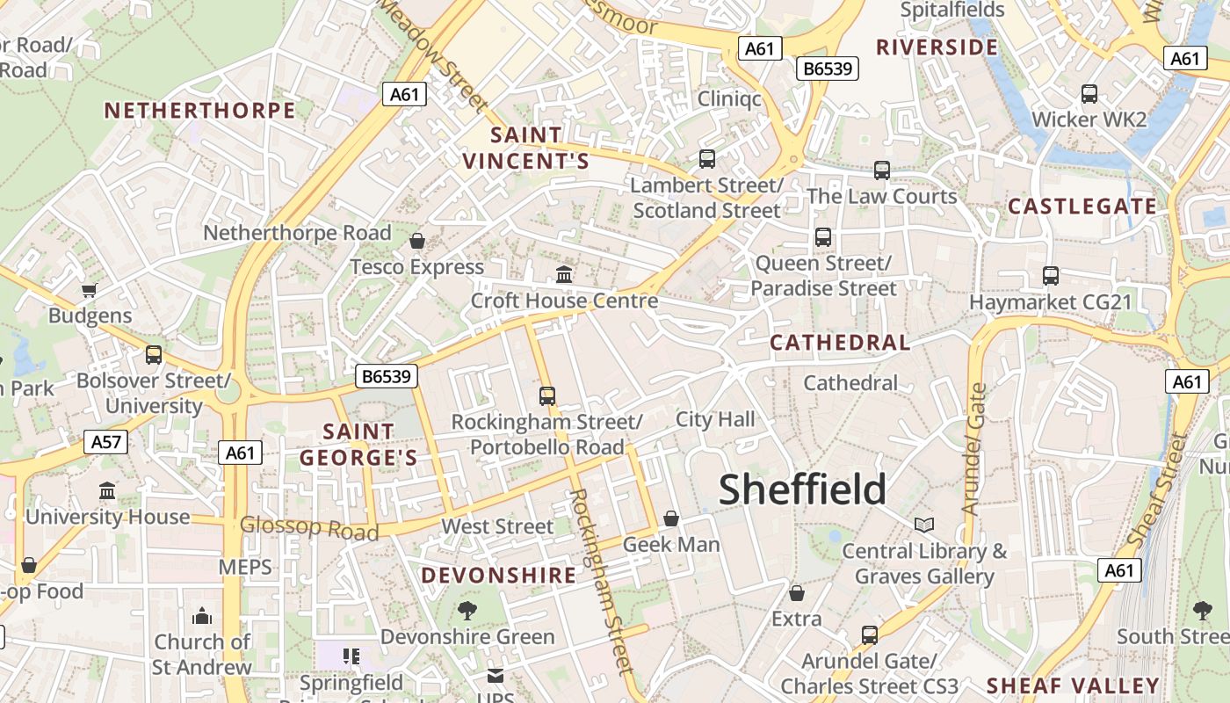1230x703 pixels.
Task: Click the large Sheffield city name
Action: (x=802, y=489)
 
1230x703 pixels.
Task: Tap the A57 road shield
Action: (x=106, y=442)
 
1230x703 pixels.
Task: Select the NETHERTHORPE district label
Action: (x=199, y=111)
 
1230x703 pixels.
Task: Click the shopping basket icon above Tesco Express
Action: (x=417, y=241)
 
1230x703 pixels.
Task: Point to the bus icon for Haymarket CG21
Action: (x=1050, y=276)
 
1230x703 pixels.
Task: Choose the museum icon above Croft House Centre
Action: (x=564, y=274)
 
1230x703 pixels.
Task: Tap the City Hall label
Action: (x=715, y=419)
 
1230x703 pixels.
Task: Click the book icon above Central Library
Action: (x=923, y=525)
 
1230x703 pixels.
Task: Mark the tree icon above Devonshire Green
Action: (x=467, y=610)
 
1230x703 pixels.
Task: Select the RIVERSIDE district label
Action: (x=937, y=47)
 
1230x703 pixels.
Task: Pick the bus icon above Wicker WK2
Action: (x=1089, y=93)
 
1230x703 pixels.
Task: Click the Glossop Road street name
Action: (x=309, y=528)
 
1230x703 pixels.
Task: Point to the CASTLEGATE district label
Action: (x=1082, y=207)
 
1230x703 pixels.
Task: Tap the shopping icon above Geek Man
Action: (x=671, y=518)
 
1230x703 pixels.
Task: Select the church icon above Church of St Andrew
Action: (x=202, y=615)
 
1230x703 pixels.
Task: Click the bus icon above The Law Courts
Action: (x=882, y=170)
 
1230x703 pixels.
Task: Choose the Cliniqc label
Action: (x=729, y=98)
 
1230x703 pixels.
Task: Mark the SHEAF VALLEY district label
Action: (x=1073, y=685)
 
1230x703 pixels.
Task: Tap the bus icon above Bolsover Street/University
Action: (x=154, y=355)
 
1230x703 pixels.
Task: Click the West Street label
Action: (x=497, y=526)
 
